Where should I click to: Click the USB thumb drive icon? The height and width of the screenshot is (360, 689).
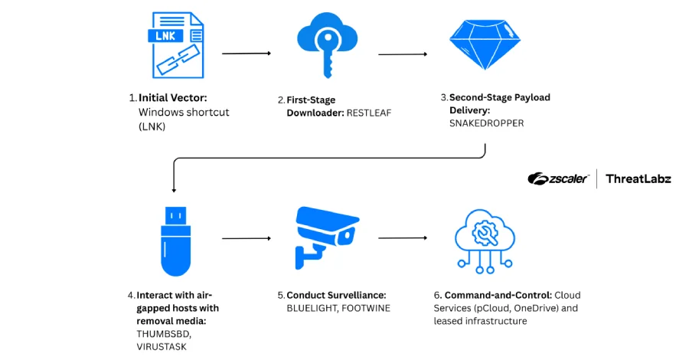(x=175, y=240)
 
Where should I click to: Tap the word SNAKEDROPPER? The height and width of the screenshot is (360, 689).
(x=486, y=123)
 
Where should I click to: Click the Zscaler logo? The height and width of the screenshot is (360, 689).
(x=558, y=178)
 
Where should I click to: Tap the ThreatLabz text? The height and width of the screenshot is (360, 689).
(x=638, y=178)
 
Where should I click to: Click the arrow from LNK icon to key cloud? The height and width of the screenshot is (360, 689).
(x=246, y=54)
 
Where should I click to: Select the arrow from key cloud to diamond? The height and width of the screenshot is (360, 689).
(x=402, y=54)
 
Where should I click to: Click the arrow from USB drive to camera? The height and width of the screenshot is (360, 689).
(x=246, y=238)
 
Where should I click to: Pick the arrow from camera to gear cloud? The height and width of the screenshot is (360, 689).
(x=402, y=238)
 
